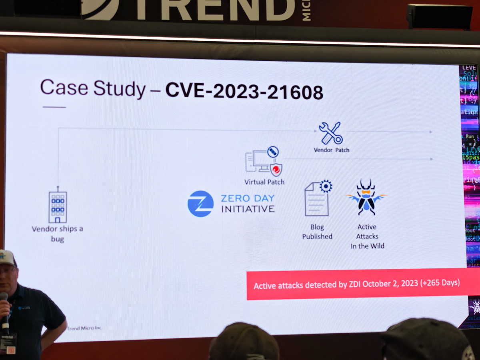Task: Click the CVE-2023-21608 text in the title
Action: (244, 92)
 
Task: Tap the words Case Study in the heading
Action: (93, 88)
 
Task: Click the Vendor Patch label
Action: (331, 150)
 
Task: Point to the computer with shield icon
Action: (263, 161)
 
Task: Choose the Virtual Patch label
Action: (264, 182)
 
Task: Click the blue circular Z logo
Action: (200, 204)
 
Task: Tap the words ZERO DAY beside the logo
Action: (248, 198)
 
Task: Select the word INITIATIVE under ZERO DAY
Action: (248, 209)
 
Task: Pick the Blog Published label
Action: (317, 232)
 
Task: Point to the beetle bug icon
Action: (366, 197)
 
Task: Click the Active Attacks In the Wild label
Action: (367, 236)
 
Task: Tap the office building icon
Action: (58, 206)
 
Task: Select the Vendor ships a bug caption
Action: (57, 234)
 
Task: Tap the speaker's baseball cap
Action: (7, 258)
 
